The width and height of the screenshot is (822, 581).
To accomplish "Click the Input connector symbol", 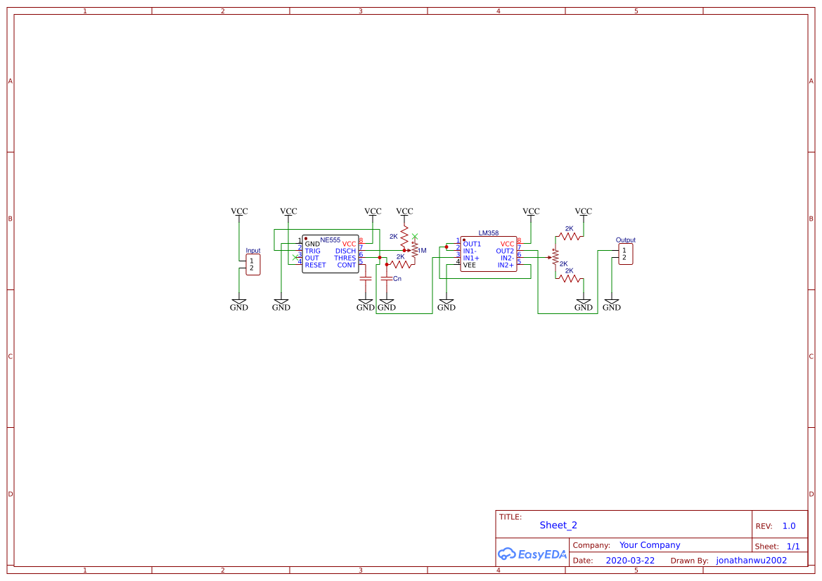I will [x=252, y=265].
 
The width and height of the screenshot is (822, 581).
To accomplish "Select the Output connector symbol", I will [x=625, y=254].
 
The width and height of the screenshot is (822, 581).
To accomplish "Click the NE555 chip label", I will [x=330, y=240].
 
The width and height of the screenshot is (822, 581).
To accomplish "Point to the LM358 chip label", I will [x=488, y=233].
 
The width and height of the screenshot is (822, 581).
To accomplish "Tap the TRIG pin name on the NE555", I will [x=312, y=251].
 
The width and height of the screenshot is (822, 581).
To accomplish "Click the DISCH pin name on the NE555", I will [x=345, y=251].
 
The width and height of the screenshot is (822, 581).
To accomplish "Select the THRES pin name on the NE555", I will [x=345, y=258].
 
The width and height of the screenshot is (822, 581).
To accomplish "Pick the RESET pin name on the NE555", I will [x=315, y=265].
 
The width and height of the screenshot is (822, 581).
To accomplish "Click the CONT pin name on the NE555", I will [x=347, y=265].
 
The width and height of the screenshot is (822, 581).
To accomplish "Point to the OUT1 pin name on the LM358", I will [x=472, y=244].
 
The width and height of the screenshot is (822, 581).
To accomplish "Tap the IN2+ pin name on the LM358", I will [x=506, y=265].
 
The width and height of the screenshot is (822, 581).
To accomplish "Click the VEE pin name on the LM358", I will [x=469, y=265].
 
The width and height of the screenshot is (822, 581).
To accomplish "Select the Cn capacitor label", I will [x=397, y=279].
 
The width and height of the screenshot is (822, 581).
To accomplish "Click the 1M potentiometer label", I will [x=422, y=251].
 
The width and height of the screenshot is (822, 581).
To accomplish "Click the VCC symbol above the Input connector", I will [x=239, y=211].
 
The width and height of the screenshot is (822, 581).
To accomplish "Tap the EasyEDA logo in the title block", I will [x=532, y=554].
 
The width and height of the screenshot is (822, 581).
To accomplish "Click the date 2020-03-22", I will [x=629, y=561].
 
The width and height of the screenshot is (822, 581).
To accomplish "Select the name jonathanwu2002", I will [x=751, y=561].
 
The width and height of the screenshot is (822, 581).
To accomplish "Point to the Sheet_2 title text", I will [x=558, y=525].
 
